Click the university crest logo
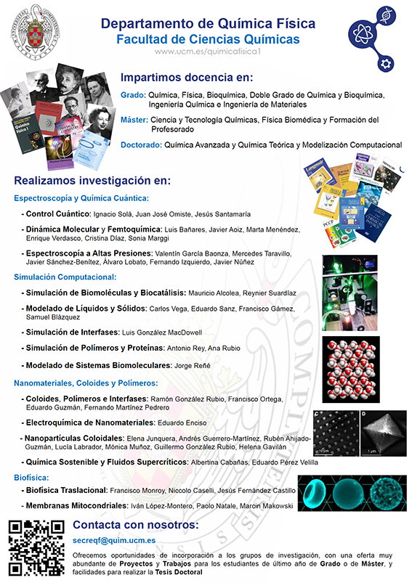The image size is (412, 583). (x=35, y=31)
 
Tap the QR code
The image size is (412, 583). (x=35, y=547)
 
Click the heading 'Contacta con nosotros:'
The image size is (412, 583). (x=135, y=524)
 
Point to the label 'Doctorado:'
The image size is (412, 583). (x=141, y=144)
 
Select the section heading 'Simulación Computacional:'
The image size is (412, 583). (x=65, y=277)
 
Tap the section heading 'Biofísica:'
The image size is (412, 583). (x=31, y=477)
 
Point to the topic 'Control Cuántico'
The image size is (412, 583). (x=56, y=214)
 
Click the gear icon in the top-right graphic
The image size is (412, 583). (x=386, y=63)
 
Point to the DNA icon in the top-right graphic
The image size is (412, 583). (x=387, y=15)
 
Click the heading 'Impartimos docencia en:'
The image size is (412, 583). (x=186, y=78)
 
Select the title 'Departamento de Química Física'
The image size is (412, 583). (x=207, y=24)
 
